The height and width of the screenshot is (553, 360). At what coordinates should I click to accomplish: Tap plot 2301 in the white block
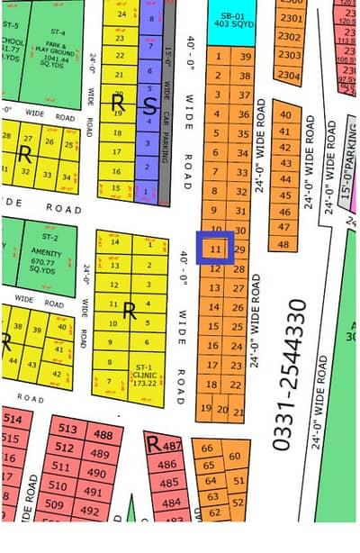[289, 17]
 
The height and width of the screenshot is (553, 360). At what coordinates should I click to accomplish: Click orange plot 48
[284, 244]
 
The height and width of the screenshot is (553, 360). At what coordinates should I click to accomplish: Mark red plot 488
[103, 436]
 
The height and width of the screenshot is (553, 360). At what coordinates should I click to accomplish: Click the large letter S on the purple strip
[149, 104]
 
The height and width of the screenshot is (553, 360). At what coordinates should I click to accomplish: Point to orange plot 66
[208, 448]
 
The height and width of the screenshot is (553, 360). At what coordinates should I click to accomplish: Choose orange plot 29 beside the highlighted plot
[240, 249]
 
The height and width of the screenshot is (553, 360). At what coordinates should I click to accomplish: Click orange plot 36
[243, 114]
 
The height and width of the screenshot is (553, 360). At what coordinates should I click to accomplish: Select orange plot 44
[285, 179]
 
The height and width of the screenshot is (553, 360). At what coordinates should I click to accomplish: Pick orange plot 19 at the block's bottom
[205, 409]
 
